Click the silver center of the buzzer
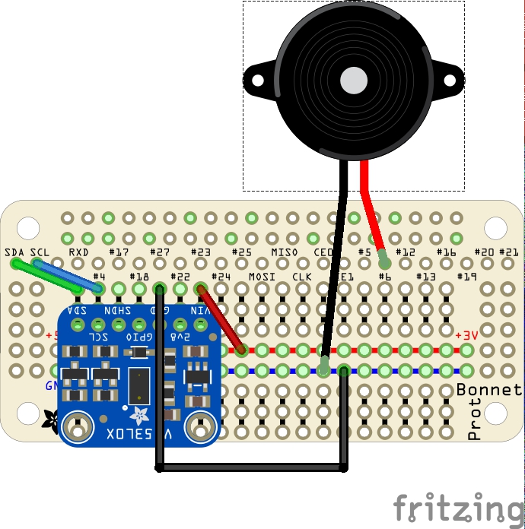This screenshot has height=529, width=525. tap(354, 80)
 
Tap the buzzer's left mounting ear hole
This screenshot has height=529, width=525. tap(253, 78)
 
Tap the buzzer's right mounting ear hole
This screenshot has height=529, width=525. tap(454, 78)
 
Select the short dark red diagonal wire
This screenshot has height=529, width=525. tap(221, 319)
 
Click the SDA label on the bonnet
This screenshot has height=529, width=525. tap(14, 252)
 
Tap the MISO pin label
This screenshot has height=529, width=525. tap(285, 252)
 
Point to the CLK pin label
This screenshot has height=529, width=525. tap(303, 277)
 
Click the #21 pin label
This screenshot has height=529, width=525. tap(509, 252)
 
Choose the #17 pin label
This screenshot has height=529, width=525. tap(119, 252)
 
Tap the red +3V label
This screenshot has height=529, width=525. tap(466, 335)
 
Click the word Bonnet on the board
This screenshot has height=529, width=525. tap(489, 390)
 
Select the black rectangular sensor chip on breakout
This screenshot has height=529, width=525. tap(139, 385)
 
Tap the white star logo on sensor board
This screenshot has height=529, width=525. tap(140, 415)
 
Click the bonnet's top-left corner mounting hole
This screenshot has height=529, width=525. tap(28, 226)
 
